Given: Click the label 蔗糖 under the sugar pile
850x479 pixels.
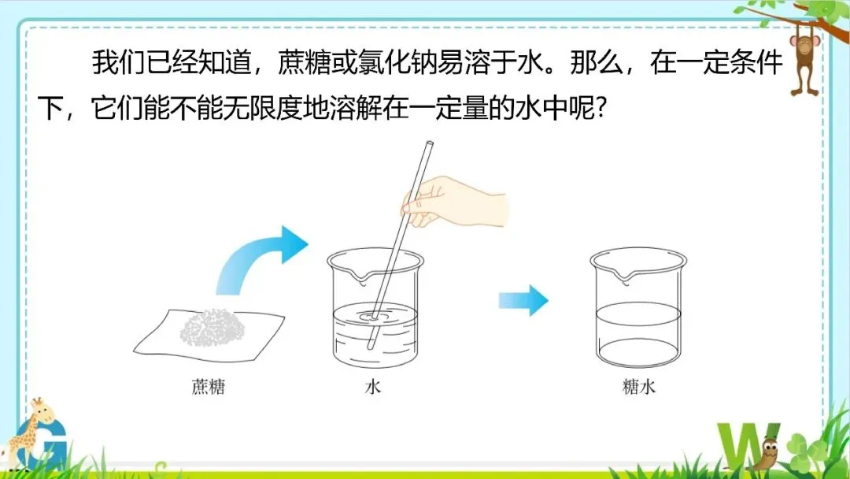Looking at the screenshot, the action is point(208,387).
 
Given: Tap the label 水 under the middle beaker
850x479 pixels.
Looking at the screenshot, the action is point(373,387).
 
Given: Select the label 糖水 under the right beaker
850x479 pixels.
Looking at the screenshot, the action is point(639,387).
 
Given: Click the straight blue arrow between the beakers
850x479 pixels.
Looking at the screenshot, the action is point(523,300).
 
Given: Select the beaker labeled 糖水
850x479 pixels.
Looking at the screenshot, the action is point(638,307).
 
